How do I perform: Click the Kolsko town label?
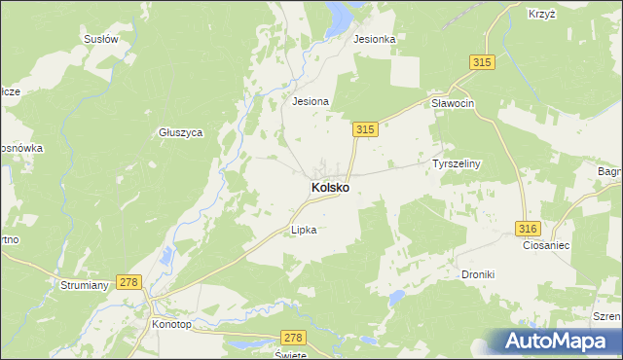(331, 187)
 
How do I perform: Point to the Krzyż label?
(542, 14)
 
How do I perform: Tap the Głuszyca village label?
(180, 132)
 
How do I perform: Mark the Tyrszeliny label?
(458, 164)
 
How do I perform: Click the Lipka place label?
(305, 231)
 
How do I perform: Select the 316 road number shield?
(528, 228)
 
